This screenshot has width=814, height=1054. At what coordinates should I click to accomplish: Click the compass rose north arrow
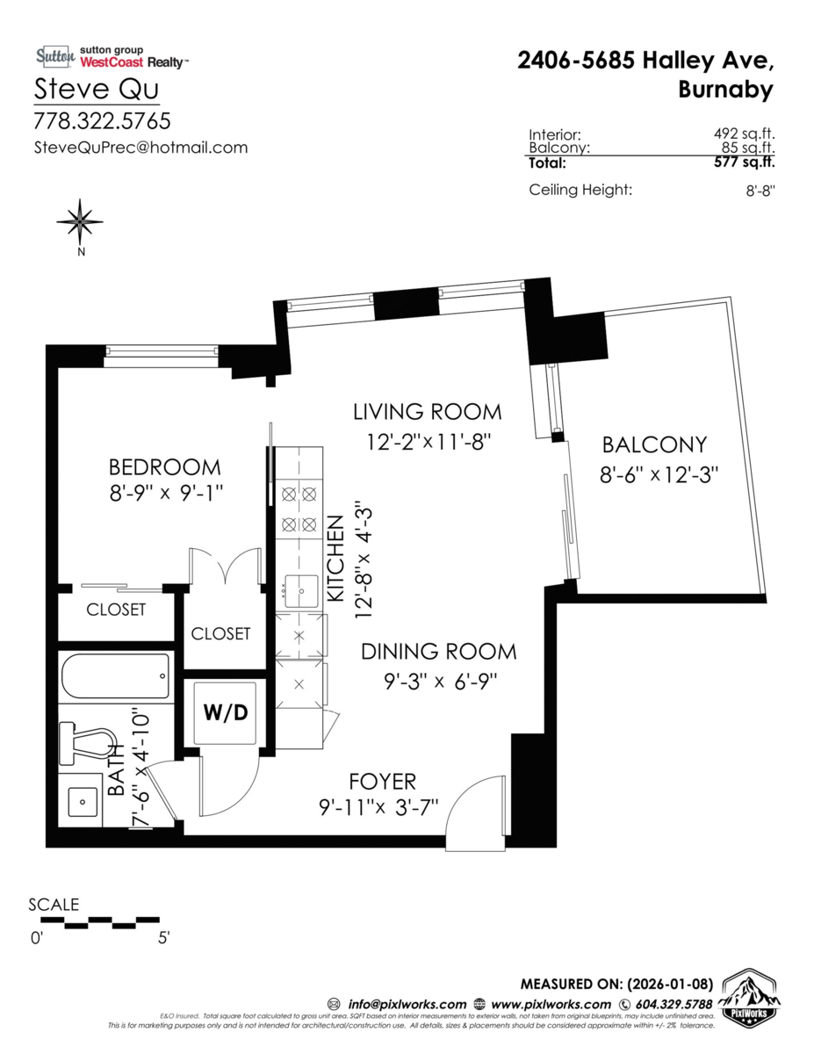(x=80, y=222)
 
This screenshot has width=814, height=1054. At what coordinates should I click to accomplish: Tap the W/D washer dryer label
(x=226, y=712)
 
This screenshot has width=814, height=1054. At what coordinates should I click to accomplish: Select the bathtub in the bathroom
(x=116, y=675)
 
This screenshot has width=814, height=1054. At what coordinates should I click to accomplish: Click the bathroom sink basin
(x=83, y=801)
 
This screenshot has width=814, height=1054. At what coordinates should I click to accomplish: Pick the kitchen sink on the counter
(x=301, y=591)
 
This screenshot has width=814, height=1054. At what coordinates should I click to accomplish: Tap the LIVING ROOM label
(x=427, y=412)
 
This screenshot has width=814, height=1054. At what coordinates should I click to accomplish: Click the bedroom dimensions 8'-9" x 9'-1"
(x=166, y=495)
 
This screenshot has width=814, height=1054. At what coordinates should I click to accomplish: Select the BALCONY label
(x=654, y=444)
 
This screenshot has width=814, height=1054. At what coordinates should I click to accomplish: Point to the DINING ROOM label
(x=439, y=652)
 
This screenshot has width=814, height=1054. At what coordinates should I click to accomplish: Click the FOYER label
(x=383, y=782)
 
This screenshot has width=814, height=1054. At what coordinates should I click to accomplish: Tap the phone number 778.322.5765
(x=102, y=121)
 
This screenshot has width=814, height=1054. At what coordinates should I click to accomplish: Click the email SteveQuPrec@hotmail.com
(x=140, y=148)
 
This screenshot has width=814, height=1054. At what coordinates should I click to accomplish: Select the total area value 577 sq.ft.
(x=744, y=162)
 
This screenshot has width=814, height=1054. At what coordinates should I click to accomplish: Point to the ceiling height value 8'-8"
(x=760, y=191)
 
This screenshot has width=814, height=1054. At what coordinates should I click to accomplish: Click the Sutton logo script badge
(x=55, y=57)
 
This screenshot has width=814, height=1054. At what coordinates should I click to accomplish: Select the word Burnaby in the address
(x=725, y=90)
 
